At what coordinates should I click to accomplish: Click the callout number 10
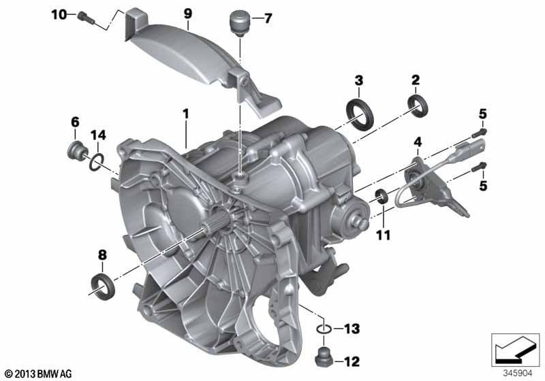point(59,14)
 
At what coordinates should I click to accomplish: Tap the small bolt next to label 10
point(87,18)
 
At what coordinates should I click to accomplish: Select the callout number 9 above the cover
point(188,14)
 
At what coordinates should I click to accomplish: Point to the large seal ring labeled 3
point(360,114)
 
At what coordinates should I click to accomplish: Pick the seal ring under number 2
point(418,105)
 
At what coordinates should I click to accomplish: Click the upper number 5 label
point(483,114)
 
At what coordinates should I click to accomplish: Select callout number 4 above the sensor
point(418,142)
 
